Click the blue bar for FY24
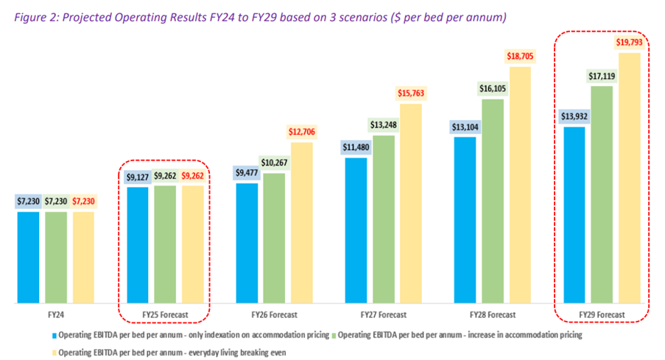[29, 257]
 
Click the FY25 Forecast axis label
[166, 314]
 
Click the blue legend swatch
[54, 334]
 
